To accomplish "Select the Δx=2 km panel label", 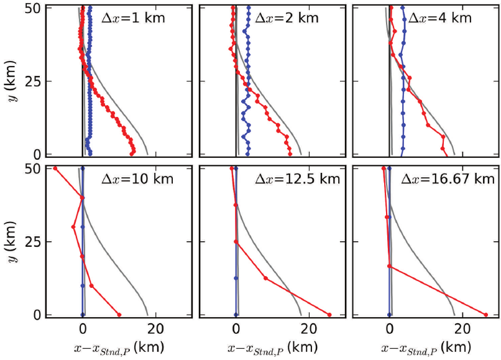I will click(x=284, y=17).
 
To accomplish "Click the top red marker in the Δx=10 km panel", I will click(x=55, y=168).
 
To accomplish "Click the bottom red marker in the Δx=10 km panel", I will click(x=119, y=315).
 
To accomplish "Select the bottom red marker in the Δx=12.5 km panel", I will click(x=329, y=315).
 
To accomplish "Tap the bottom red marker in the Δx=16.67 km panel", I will click(x=485, y=315).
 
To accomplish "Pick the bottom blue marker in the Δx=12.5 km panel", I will click(x=236, y=315).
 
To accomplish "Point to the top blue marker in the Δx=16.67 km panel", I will click(x=390, y=168).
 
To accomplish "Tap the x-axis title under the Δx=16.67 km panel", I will click(x=425, y=346).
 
